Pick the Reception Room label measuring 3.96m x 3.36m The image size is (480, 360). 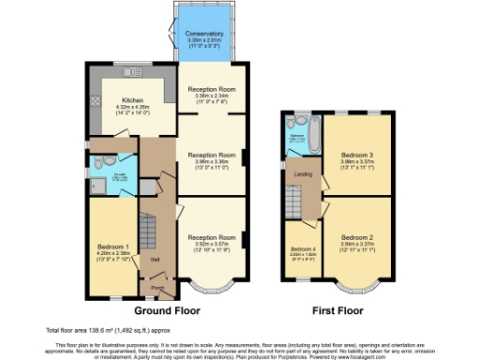pyautogui.click(x=210, y=154)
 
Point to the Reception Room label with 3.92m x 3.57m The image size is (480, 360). pyautogui.click(x=210, y=237)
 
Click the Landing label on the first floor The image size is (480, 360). pyautogui.click(x=303, y=173)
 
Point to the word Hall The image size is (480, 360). pyautogui.click(x=156, y=260)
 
